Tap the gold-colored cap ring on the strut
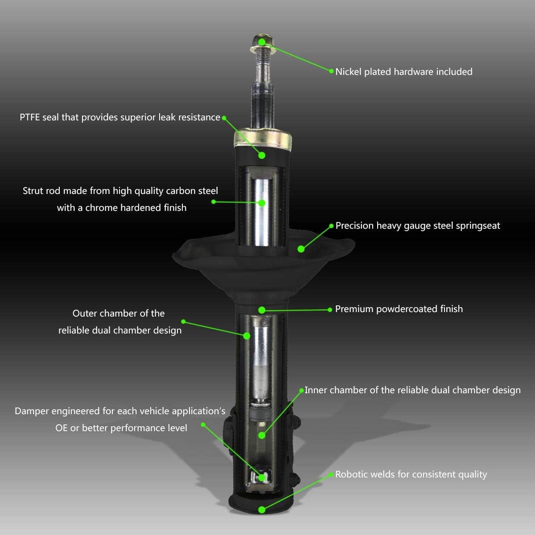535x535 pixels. click(x=263, y=139)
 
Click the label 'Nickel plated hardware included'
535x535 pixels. click(x=403, y=72)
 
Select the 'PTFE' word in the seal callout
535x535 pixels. click(x=30, y=117)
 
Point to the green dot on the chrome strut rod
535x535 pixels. click(x=262, y=203)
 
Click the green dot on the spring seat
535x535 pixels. click(x=301, y=249)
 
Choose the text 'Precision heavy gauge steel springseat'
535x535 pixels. click(x=417, y=226)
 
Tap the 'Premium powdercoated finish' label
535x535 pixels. click(x=399, y=309)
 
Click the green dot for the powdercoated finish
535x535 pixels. click(x=262, y=310)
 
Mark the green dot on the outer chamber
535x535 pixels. click(x=247, y=335)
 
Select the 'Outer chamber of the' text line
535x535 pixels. click(x=119, y=313)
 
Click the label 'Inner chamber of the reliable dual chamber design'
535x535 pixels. click(x=412, y=390)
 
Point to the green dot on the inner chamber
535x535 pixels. click(x=262, y=435)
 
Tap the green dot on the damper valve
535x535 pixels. click(x=262, y=477)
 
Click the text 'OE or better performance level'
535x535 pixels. click(x=121, y=428)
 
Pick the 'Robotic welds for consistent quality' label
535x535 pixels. click(x=411, y=474)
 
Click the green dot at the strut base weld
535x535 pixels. click(x=262, y=510)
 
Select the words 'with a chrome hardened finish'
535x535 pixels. click(x=122, y=208)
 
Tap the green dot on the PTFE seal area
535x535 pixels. click(x=262, y=155)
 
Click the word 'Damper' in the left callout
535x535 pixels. click(x=33, y=411)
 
